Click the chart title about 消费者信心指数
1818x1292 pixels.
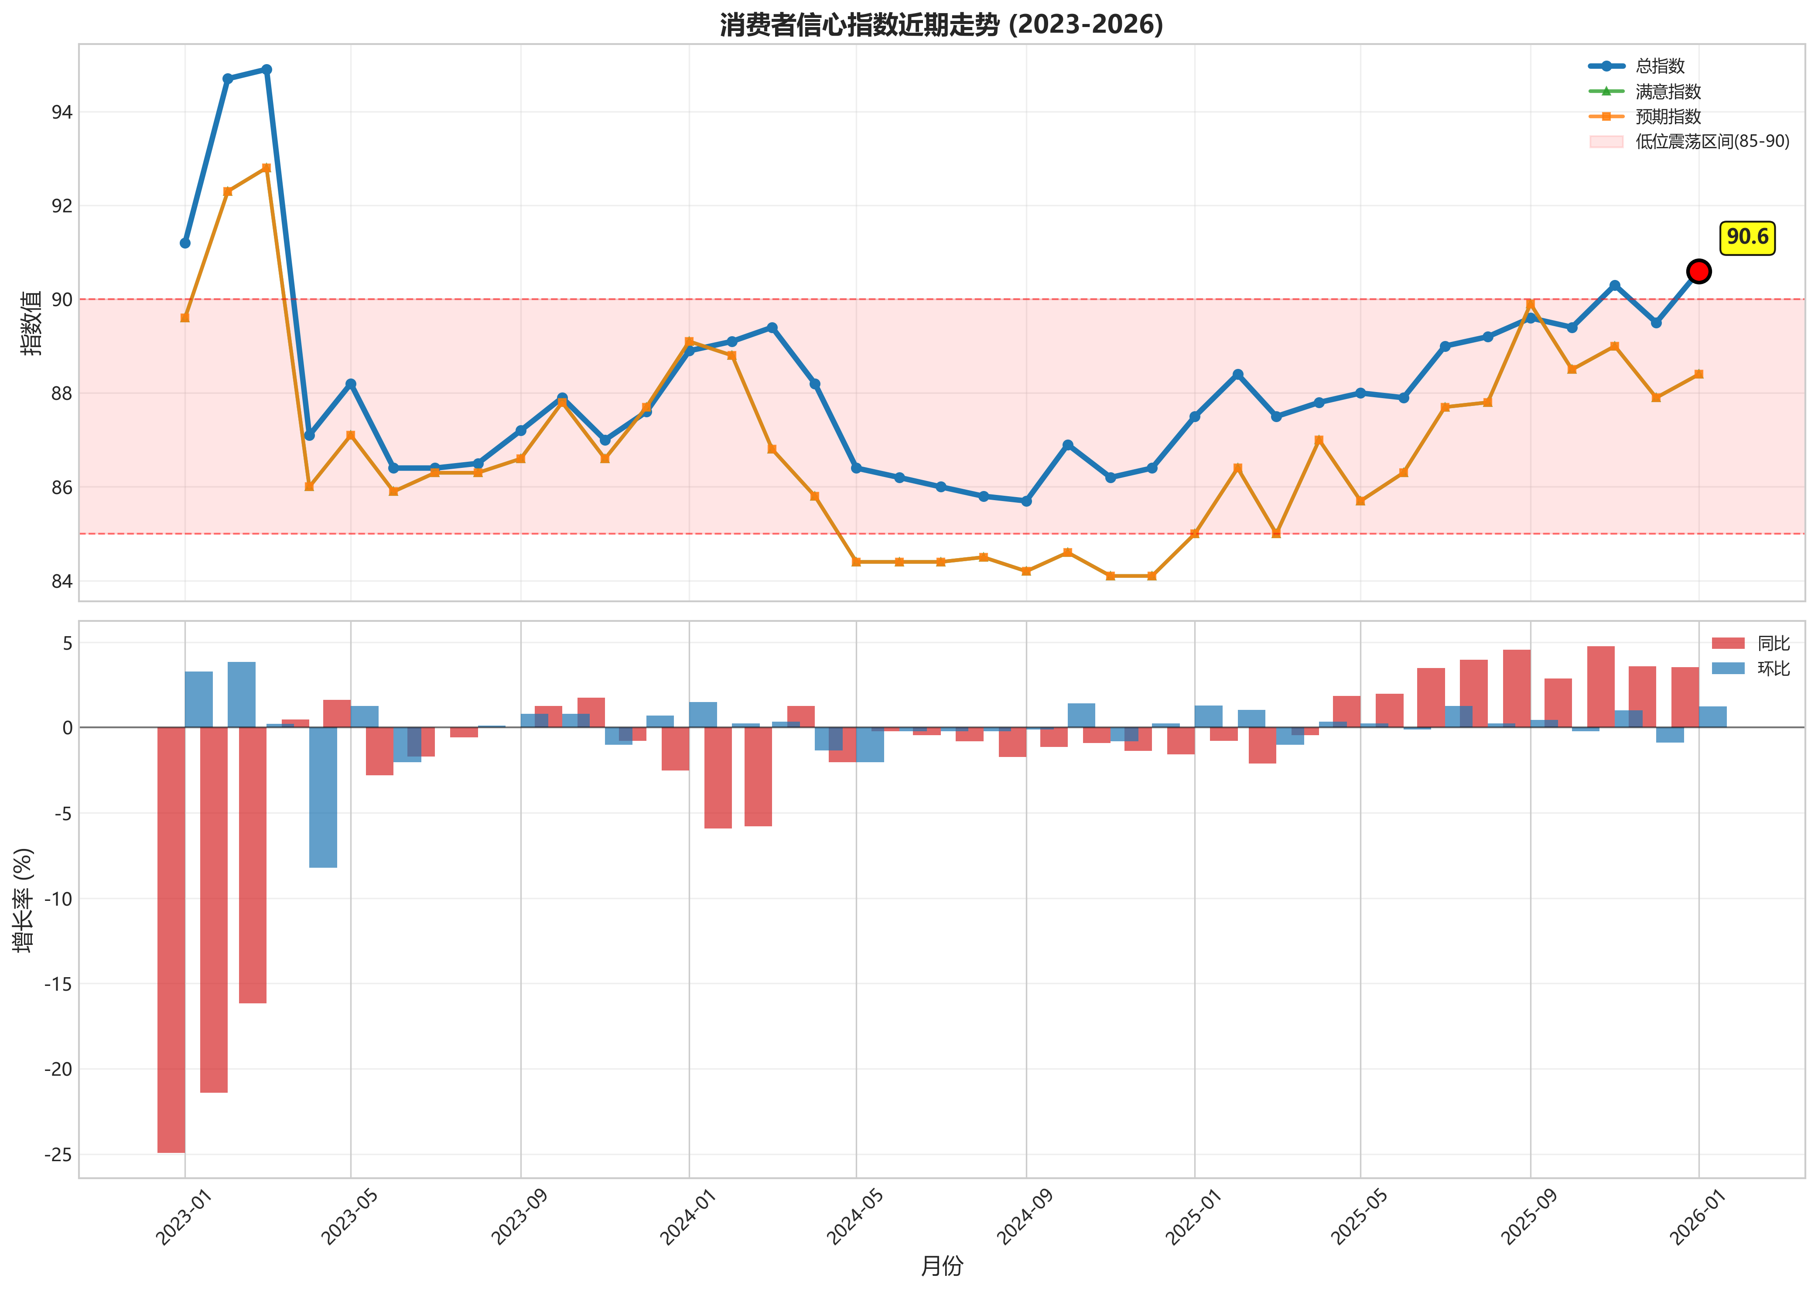click(941, 25)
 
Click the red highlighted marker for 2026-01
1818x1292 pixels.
click(1698, 271)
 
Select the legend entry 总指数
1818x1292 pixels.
click(1660, 66)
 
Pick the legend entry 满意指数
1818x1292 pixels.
click(1668, 92)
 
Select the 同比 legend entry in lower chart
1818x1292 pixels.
click(1773, 643)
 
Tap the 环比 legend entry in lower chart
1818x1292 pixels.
click(1773, 668)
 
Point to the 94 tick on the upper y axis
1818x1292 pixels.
click(61, 112)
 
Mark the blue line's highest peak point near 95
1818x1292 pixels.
click(267, 70)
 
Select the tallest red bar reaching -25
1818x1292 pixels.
click(171, 939)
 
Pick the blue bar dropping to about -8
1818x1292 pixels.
click(323, 797)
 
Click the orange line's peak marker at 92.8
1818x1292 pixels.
click(267, 168)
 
